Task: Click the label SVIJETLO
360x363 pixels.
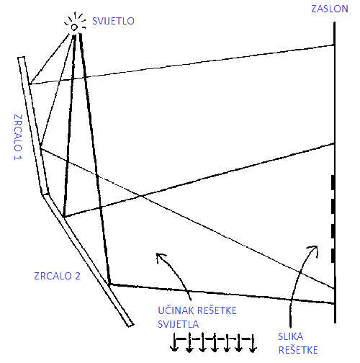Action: pyautogui.click(x=113, y=21)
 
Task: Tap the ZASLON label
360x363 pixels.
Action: pyautogui.click(x=330, y=9)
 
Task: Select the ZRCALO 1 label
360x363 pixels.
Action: pyautogui.click(x=18, y=137)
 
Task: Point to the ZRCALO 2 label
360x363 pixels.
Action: pyautogui.click(x=57, y=276)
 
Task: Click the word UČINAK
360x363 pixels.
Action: pyautogui.click(x=176, y=310)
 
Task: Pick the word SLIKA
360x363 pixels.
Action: pyautogui.click(x=291, y=336)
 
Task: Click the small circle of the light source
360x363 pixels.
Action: pyautogui.click(x=74, y=27)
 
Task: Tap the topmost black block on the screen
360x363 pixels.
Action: pyautogui.click(x=333, y=182)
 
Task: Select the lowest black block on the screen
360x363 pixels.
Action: pyautogui.click(x=333, y=256)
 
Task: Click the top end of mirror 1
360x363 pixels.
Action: pyautogui.click(x=21, y=58)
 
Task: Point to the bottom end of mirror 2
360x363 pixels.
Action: pyautogui.click(x=130, y=325)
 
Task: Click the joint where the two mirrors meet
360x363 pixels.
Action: pyautogui.click(x=45, y=194)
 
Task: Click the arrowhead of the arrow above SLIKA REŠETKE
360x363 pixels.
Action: pyautogui.click(x=315, y=248)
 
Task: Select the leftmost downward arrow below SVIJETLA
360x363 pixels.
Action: pyautogui.click(x=174, y=342)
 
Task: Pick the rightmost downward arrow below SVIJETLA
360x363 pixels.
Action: pyautogui.click(x=252, y=344)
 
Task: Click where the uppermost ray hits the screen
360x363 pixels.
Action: pyautogui.click(x=334, y=45)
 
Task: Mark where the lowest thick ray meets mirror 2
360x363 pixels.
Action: pyautogui.click(x=109, y=284)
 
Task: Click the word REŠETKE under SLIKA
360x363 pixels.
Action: pyautogui.click(x=298, y=350)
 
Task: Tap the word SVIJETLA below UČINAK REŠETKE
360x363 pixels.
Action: pyautogui.click(x=179, y=324)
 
